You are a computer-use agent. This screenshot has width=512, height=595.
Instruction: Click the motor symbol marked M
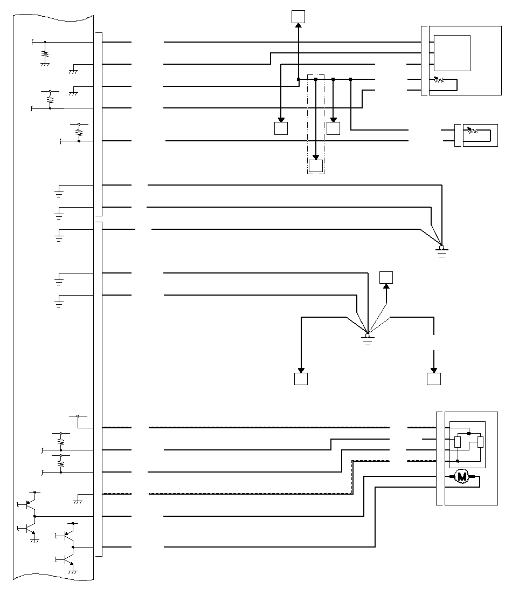coord(461,476)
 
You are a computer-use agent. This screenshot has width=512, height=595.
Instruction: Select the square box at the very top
coord(298,17)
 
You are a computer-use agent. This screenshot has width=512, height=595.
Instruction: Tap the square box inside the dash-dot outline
coord(315,166)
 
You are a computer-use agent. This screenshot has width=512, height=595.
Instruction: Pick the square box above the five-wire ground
coord(386,278)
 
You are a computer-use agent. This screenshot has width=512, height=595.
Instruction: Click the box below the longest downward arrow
coord(301,379)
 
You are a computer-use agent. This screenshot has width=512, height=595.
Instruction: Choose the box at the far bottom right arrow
coord(434,379)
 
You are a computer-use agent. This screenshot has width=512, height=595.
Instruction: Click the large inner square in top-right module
coord(452,53)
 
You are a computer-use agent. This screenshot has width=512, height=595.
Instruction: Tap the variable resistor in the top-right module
coord(439,80)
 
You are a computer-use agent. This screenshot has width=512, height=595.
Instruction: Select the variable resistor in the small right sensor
coord(473,131)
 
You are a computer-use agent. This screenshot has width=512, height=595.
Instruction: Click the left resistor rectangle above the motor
coord(458,442)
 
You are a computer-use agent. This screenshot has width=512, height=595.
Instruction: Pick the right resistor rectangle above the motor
coord(481,442)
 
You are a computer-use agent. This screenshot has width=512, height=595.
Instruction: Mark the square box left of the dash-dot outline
coord(281,128)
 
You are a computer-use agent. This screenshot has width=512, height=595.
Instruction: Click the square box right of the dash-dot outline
coord(334,128)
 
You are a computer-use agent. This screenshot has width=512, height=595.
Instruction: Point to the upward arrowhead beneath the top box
coord(298,25)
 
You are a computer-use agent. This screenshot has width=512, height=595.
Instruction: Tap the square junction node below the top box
coord(298,79)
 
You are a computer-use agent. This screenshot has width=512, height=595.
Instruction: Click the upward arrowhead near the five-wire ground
coord(386,286)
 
